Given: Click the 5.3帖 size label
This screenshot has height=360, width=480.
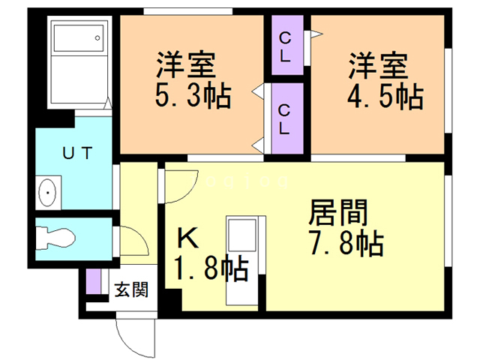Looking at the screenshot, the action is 193,96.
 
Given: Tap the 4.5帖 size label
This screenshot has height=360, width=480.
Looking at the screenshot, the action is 385,97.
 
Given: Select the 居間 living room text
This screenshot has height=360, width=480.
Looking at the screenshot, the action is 338,212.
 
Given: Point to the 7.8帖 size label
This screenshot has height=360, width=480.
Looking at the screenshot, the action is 346,243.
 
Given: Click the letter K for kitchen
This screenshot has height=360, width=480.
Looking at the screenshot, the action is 187,238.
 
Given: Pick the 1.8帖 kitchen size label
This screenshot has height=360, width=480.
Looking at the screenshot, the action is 211,268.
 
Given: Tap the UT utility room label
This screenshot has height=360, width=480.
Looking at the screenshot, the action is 77,153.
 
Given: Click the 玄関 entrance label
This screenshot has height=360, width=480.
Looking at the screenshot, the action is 131,289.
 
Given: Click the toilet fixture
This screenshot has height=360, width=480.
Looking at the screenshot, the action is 55,238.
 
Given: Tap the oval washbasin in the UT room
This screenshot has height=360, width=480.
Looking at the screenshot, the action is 47,193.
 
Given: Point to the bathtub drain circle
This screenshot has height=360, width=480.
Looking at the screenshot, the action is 97,38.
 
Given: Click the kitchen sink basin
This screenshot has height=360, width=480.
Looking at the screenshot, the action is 241,235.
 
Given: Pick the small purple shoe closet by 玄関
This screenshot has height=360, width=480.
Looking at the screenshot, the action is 93,282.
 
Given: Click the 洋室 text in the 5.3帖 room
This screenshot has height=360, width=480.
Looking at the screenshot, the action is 186,65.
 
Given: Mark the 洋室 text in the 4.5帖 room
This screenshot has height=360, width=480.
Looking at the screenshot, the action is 378,66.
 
